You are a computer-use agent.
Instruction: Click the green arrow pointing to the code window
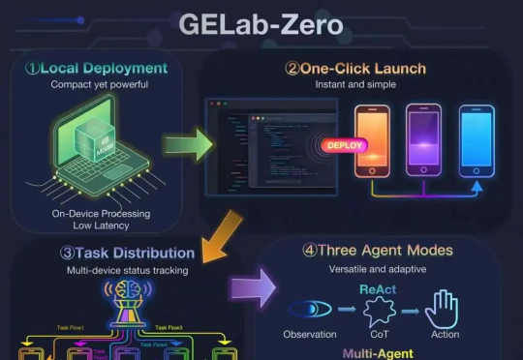[185, 147]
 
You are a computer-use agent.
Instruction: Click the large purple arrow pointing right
[251, 288]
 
